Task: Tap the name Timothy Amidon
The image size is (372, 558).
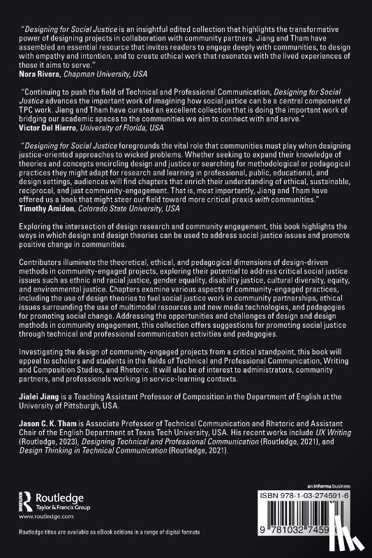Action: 47,208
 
